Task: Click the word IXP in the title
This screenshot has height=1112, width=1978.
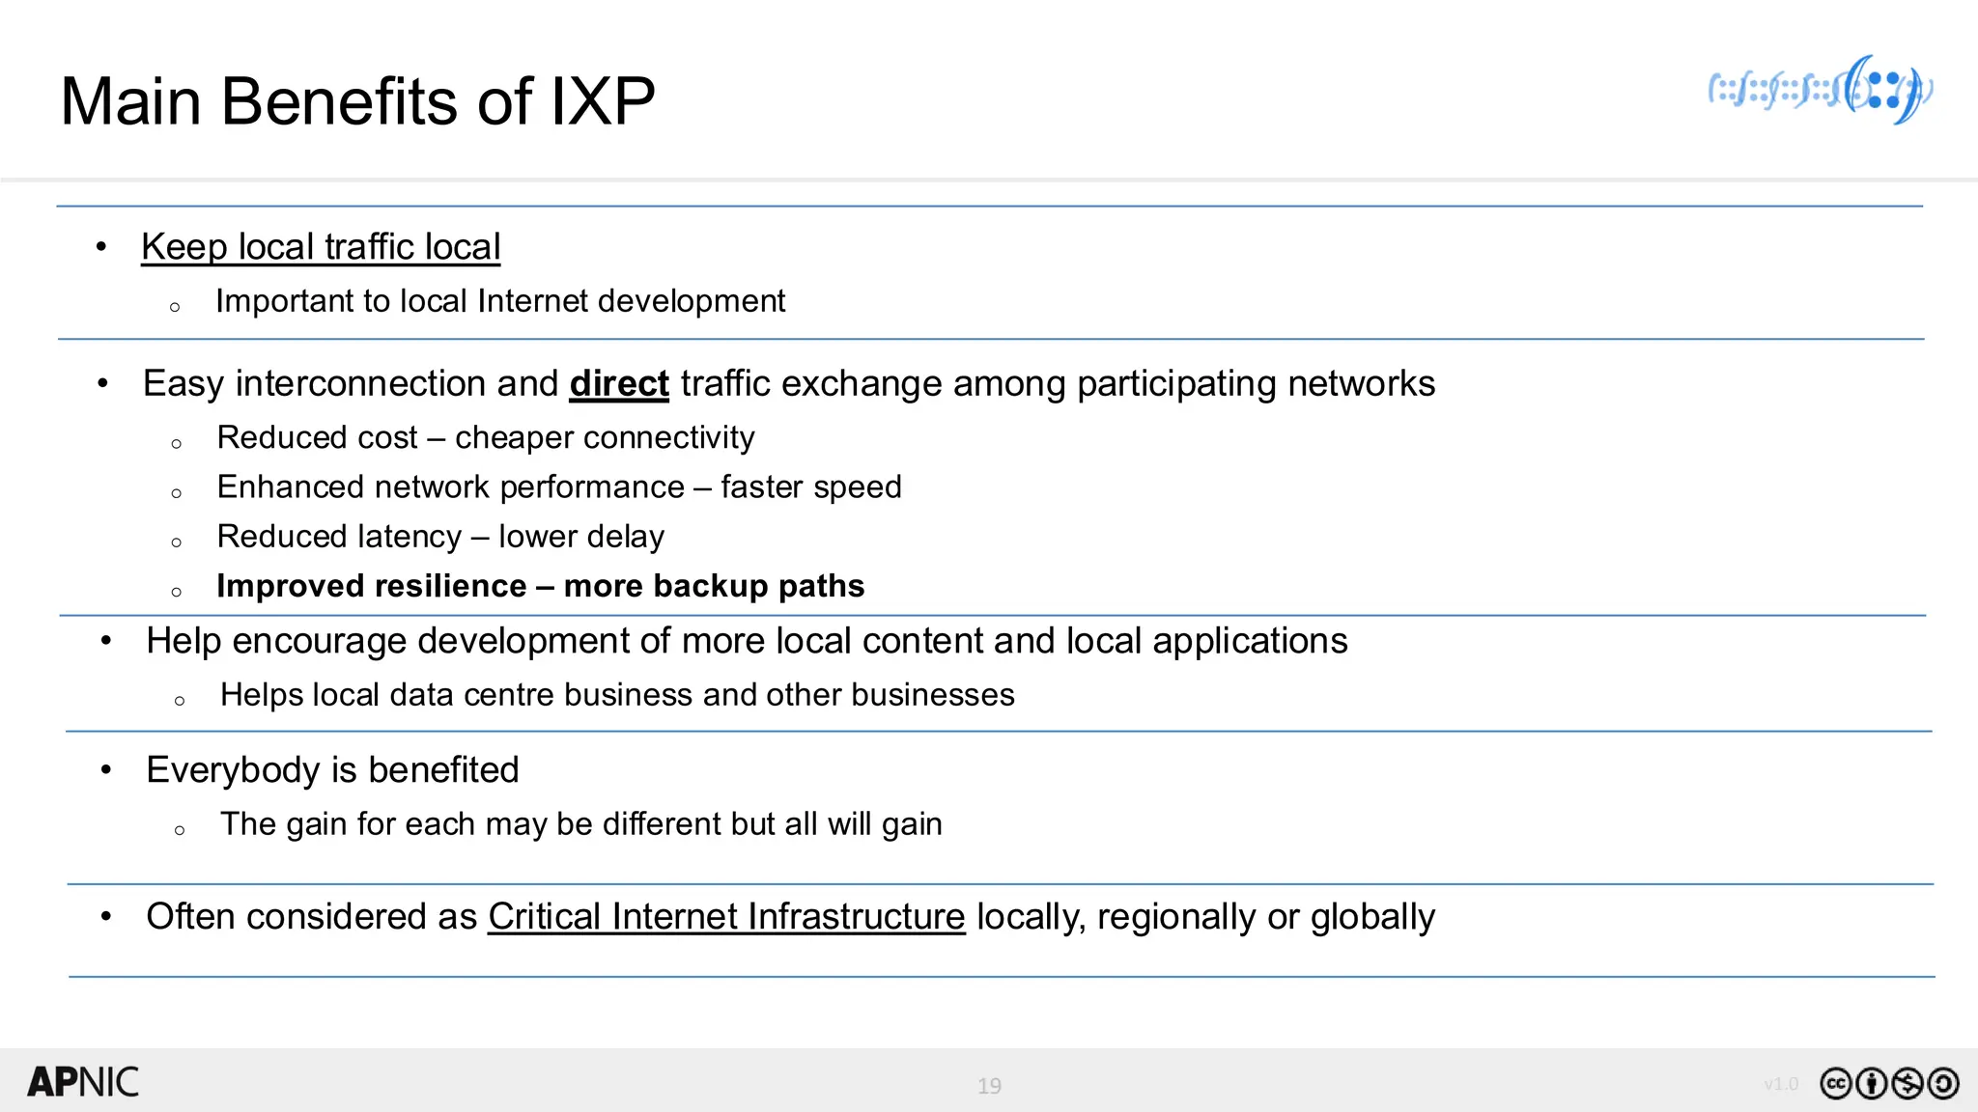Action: coord(603,101)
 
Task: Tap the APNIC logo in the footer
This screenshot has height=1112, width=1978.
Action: coord(83,1082)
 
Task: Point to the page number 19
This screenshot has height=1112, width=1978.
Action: coord(989,1086)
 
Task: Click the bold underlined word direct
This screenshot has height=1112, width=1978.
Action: coord(619,384)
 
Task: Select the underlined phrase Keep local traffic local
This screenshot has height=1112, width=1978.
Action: coord(321,247)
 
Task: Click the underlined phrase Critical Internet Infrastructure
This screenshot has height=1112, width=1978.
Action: coord(726,917)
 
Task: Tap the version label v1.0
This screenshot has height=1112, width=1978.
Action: coord(1781,1084)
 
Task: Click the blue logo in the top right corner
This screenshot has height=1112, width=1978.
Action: coord(1821,91)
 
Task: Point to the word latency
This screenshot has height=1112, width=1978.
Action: coord(406,537)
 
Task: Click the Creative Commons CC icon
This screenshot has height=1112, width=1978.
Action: coord(1835,1084)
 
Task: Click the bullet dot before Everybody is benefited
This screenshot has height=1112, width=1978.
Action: coord(106,770)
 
